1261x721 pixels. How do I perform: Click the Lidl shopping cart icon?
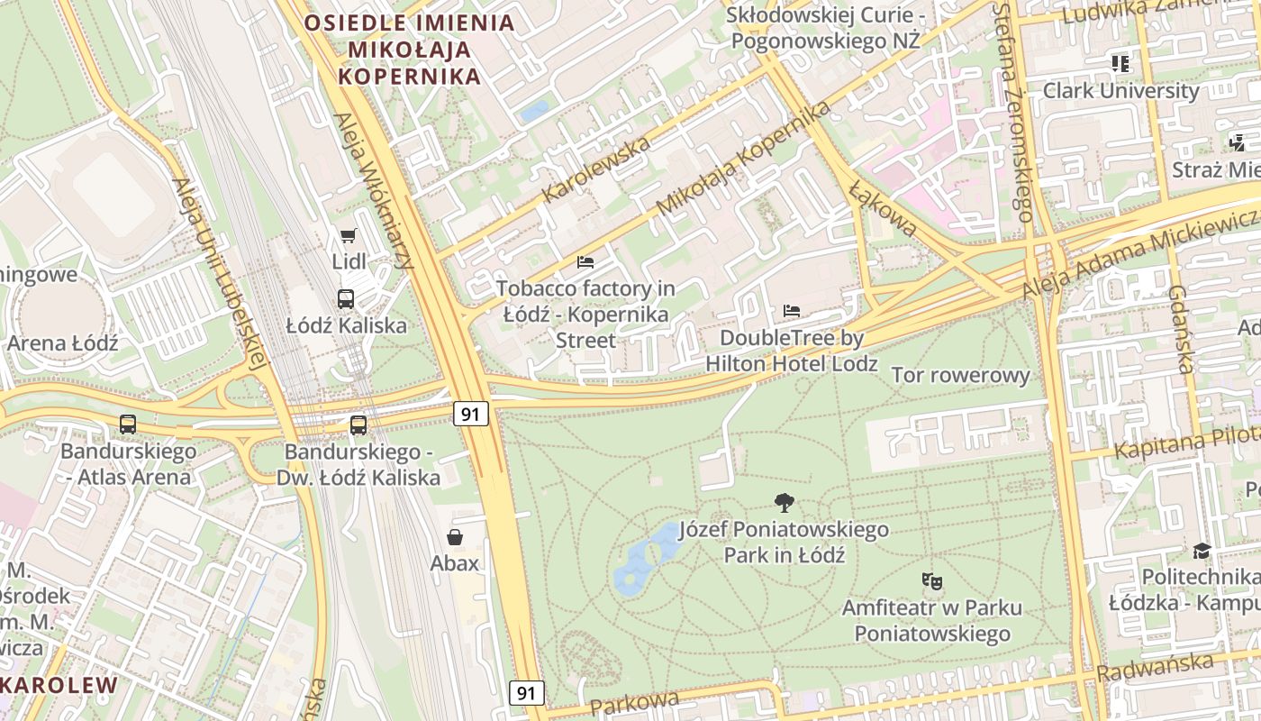(348, 236)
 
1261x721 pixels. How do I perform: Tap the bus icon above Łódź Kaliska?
(346, 299)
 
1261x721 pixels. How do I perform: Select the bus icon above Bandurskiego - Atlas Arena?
(128, 424)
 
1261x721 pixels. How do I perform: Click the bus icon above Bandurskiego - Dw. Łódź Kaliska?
(358, 424)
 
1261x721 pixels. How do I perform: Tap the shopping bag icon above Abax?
(455, 538)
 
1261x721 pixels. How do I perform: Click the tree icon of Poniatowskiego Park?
(785, 503)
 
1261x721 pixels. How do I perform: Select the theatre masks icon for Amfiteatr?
(932, 581)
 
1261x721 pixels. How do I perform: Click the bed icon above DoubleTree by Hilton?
(792, 311)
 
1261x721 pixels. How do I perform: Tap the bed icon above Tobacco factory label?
(585, 262)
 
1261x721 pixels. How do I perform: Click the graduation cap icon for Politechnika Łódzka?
(1202, 551)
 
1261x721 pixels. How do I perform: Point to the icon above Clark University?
(1120, 64)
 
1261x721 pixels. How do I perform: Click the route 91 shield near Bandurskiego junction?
(469, 414)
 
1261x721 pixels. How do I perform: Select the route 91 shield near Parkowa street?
(527, 693)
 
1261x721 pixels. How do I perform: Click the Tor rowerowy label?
(960, 376)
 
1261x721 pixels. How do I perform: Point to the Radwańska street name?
(1155, 668)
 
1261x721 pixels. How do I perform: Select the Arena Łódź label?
(63, 343)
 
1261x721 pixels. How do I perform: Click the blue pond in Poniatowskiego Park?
(645, 559)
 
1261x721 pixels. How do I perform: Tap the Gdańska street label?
(1180, 329)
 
